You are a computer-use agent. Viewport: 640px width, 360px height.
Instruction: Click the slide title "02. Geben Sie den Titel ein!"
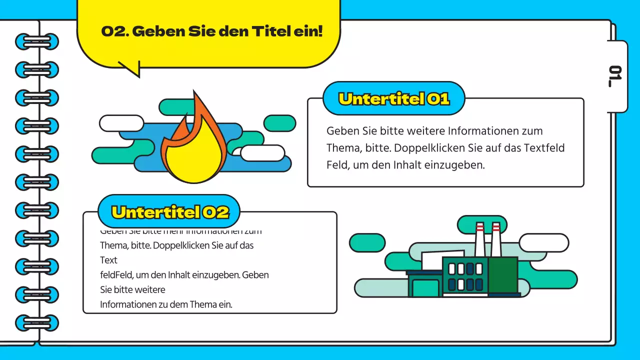(x=212, y=31)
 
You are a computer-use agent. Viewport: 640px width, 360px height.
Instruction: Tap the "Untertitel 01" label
(x=394, y=98)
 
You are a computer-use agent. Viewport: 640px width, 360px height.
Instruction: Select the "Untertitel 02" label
(x=170, y=212)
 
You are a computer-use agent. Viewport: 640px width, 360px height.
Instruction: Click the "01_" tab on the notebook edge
(x=616, y=76)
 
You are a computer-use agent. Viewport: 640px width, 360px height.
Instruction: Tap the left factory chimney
(x=479, y=240)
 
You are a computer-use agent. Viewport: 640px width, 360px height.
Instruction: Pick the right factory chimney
(x=495, y=240)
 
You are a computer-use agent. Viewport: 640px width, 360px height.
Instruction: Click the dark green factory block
(x=502, y=274)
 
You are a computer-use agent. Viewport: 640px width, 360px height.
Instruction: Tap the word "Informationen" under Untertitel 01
(x=480, y=131)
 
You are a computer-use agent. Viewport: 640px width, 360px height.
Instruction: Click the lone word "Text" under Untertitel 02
(x=108, y=260)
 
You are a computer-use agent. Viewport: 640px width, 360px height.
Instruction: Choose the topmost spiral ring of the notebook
(x=36, y=41)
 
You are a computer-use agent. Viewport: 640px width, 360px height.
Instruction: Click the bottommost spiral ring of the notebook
(x=36, y=322)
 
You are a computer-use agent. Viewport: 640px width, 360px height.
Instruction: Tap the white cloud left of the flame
(x=121, y=123)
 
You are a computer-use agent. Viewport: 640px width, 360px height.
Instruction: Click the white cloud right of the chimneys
(x=543, y=242)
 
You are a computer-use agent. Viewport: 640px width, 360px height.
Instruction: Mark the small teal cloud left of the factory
(x=367, y=242)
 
